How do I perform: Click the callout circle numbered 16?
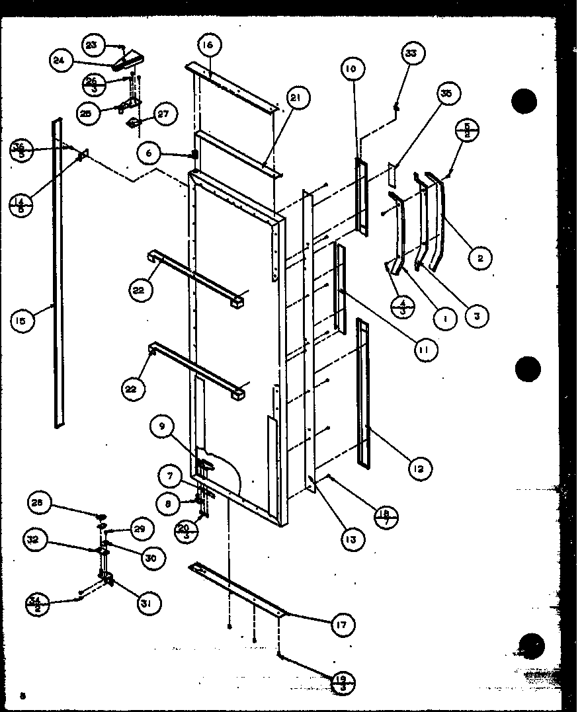coord(208,46)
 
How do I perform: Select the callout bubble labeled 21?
coord(295,98)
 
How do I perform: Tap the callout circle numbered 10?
coord(351,69)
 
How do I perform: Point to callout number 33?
coord(411,54)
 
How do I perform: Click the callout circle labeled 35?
coord(446,94)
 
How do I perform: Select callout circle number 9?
coord(162,426)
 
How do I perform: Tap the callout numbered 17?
coord(343,624)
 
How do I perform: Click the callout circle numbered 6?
coord(149,153)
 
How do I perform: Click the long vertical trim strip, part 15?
coord(58,271)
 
